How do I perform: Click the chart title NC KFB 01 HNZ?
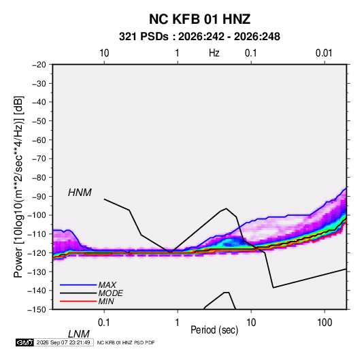tap(199, 19)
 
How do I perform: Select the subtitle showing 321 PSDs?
tap(199, 37)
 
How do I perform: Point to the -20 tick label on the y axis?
tap(39, 65)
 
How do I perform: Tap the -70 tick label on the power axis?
tap(39, 159)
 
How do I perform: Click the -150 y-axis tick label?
tap(37, 309)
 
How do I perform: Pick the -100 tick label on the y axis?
tap(37, 215)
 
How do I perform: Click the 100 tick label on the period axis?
tap(325, 323)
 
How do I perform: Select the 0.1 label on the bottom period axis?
tap(103, 323)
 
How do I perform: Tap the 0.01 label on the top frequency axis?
tap(324, 53)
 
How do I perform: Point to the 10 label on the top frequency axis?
tap(104, 53)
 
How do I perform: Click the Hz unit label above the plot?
tap(214, 53)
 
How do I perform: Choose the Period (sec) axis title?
tap(214, 330)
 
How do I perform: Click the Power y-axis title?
tap(18, 186)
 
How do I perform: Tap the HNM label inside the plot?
tap(80, 193)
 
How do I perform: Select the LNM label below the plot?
tap(78, 334)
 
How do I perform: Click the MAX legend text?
tap(107, 284)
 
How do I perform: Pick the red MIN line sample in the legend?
tap(78, 301)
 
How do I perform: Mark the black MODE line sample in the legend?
tap(78, 293)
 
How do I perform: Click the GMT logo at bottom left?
tap(25, 342)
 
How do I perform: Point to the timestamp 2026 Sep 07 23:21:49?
tap(63, 342)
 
